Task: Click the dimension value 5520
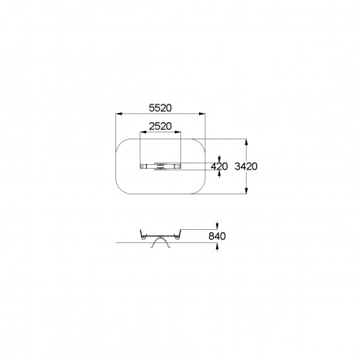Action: (160, 108)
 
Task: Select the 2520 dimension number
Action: (160, 126)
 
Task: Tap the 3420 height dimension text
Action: (246, 166)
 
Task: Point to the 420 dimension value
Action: (219, 166)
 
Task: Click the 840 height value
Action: (217, 236)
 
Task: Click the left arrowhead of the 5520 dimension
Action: (118, 114)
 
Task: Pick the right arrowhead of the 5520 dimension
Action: (202, 114)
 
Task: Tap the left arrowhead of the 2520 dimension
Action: (143, 132)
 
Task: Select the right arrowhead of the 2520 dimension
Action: (178, 132)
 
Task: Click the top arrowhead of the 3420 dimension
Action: (246, 142)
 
